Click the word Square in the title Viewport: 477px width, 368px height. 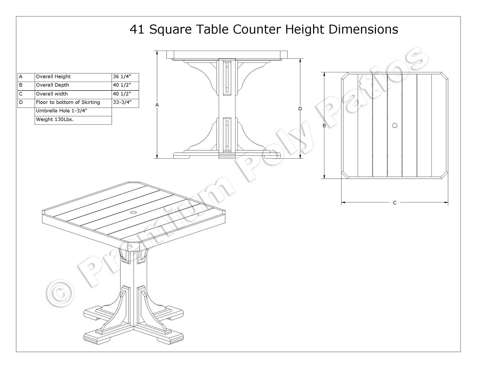170,30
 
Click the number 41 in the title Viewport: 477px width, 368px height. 137,29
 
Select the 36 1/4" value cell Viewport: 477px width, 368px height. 125,77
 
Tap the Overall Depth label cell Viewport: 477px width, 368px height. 73,86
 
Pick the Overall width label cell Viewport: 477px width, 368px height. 73,94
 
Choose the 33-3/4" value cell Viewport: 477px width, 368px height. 125,103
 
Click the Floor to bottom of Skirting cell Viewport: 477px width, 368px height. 73,103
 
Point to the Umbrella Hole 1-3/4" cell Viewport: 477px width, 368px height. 73,112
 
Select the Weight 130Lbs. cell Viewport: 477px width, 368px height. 73,120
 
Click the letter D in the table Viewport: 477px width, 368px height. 21,102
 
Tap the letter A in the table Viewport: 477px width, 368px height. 21,77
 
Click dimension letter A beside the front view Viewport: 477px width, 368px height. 157,105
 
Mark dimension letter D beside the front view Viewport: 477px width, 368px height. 300,109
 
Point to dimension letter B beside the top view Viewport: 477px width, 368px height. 324,126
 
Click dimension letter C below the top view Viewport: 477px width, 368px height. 395,203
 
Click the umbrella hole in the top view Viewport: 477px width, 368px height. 395,126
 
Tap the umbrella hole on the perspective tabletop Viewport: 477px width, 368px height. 133,212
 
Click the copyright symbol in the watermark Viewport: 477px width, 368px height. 60,294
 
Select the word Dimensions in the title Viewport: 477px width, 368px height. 363,29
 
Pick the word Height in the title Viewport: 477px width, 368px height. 304,30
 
